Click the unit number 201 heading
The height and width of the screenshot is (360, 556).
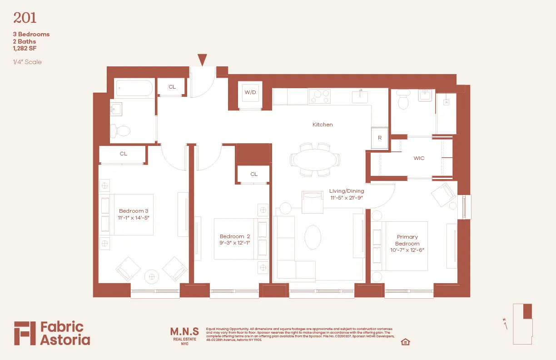25,18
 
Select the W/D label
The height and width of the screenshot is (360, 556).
250,92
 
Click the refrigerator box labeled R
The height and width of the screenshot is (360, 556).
380,138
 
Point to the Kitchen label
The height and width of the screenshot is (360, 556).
323,125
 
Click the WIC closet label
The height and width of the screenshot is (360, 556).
419,158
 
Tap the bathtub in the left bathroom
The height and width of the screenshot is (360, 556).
134,88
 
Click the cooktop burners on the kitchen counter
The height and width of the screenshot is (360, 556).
319,96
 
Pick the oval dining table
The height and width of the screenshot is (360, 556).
315,160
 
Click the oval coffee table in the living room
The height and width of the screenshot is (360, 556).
312,237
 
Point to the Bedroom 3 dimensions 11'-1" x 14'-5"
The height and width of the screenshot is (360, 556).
134,218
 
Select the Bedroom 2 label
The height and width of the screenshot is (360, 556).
235,236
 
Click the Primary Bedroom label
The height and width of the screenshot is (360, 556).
407,240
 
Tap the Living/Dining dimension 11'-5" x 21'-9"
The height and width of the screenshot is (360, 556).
347,198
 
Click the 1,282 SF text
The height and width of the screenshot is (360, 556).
25,48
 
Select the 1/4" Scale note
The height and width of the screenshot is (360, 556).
27,62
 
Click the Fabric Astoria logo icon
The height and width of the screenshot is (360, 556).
25,333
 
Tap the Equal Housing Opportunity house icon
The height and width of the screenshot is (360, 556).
406,342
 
